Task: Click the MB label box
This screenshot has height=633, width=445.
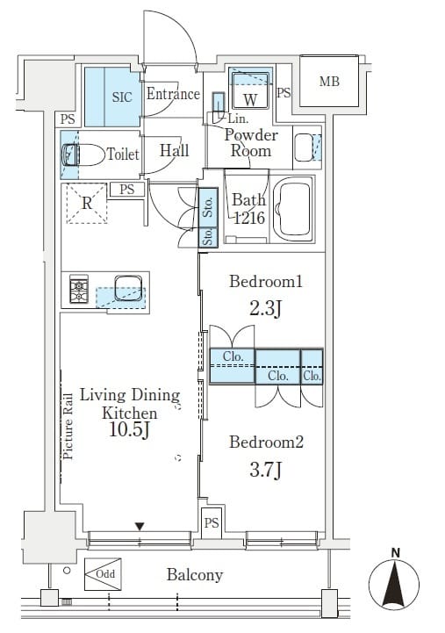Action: click(329, 82)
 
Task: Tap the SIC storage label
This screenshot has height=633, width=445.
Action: click(122, 97)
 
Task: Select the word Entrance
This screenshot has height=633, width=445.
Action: click(173, 94)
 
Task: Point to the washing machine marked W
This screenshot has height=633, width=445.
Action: click(250, 90)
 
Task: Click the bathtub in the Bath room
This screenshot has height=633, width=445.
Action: click(293, 209)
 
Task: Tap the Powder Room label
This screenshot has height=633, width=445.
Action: click(251, 142)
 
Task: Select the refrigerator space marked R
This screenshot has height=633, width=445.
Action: click(87, 203)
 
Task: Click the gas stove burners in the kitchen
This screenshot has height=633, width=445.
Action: click(79, 289)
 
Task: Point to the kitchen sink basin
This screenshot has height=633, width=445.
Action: click(128, 288)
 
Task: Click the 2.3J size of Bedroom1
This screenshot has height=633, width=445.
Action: click(265, 309)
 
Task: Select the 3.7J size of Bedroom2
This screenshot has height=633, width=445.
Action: click(265, 470)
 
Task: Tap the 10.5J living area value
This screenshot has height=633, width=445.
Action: click(130, 429)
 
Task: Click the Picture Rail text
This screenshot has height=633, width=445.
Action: click(68, 427)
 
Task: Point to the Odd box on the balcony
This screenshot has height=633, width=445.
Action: click(103, 574)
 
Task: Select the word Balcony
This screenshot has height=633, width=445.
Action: click(195, 575)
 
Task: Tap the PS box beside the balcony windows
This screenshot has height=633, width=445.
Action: click(212, 522)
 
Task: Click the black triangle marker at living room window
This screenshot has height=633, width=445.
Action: click(140, 527)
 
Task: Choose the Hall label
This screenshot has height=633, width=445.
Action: click(175, 151)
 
